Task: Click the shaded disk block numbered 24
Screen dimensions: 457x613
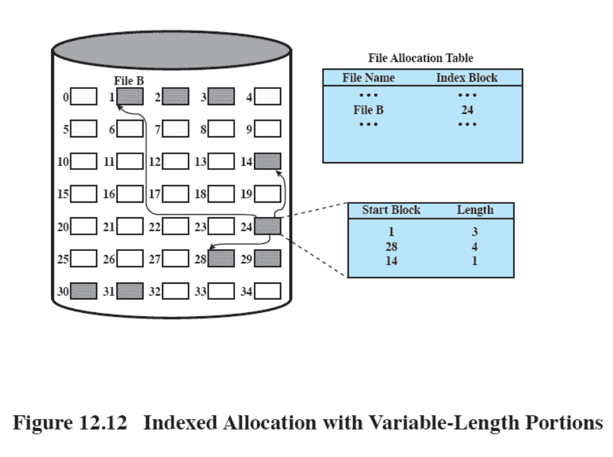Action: (267, 227)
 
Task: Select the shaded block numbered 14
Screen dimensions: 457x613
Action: (267, 162)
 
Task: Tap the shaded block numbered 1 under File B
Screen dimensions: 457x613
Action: (130, 97)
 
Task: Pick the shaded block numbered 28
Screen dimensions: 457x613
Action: (221, 259)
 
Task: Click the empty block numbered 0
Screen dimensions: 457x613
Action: (84, 97)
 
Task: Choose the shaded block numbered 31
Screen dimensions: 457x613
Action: (130, 291)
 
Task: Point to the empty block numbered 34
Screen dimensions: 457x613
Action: (267, 291)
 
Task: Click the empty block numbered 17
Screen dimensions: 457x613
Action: (175, 194)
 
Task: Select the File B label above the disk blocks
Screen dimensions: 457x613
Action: (129, 81)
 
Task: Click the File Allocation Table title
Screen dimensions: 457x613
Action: (421, 58)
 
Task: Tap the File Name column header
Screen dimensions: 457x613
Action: (368, 78)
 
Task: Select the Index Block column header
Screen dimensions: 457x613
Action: (467, 78)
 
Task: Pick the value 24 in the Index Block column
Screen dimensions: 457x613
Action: (467, 110)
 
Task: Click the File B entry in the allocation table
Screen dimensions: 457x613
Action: (368, 110)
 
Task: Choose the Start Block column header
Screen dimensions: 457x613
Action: (391, 210)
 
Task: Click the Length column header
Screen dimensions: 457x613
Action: (475, 210)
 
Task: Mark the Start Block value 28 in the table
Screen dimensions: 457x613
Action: (391, 247)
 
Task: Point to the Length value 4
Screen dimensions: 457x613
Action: (475, 247)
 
